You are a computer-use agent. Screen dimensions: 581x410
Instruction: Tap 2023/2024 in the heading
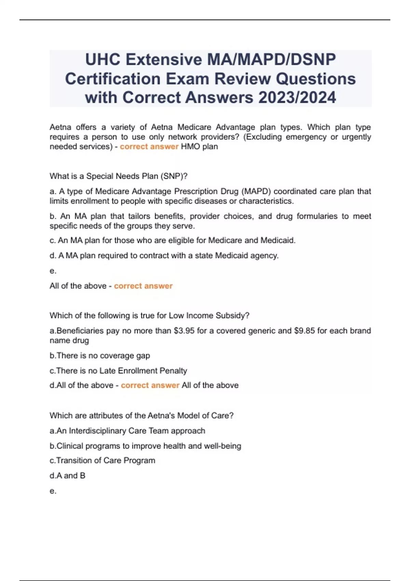tap(297, 98)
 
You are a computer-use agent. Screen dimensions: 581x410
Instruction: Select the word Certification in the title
tap(113, 79)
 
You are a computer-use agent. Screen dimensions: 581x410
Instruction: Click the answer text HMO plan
tap(199, 147)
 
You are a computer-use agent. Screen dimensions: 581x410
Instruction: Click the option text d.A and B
tap(67, 476)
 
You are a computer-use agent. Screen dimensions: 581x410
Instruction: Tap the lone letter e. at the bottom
tap(53, 491)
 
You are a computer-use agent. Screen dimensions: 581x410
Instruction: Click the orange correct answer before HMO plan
tap(149, 147)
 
